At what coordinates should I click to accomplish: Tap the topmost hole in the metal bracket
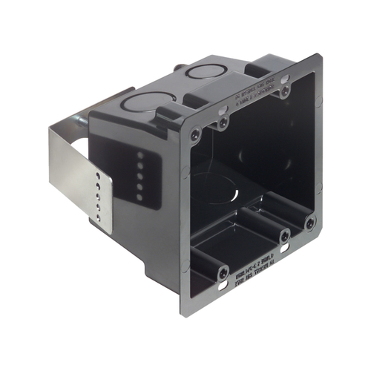(x=99, y=177)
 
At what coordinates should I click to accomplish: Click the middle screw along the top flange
(x=223, y=122)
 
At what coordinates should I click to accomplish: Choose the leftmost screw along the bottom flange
(x=223, y=273)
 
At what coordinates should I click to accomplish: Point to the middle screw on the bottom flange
(x=284, y=236)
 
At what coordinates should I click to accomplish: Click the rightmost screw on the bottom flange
(x=310, y=221)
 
